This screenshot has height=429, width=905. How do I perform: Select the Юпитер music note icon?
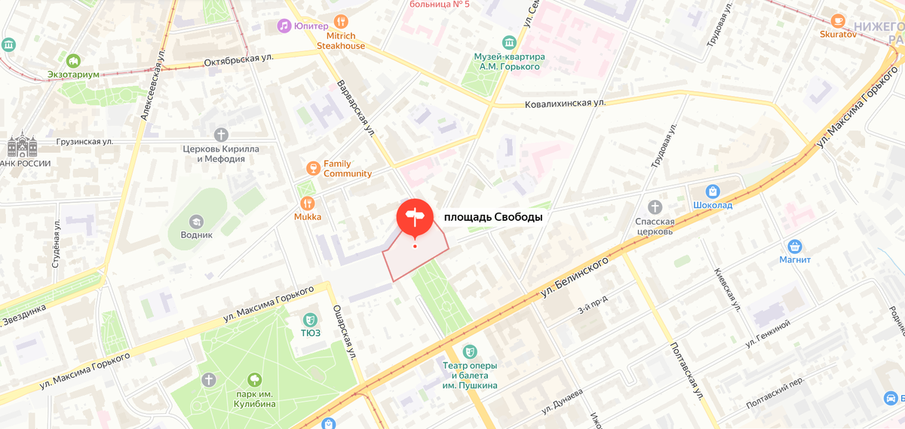click(284, 26)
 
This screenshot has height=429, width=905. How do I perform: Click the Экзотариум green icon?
click(73, 60)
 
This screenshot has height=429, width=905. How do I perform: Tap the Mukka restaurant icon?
click(307, 203)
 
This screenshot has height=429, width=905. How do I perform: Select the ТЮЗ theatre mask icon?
click(309, 320)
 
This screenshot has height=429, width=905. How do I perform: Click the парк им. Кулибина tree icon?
click(254, 379)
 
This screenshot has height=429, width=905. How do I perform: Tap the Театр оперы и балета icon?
click(470, 351)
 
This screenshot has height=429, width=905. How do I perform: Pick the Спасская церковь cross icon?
click(655, 207)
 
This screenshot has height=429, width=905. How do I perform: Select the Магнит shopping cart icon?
click(794, 246)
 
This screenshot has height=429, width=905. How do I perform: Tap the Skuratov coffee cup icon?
click(839, 20)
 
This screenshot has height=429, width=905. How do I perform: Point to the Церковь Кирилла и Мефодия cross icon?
click(220, 135)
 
